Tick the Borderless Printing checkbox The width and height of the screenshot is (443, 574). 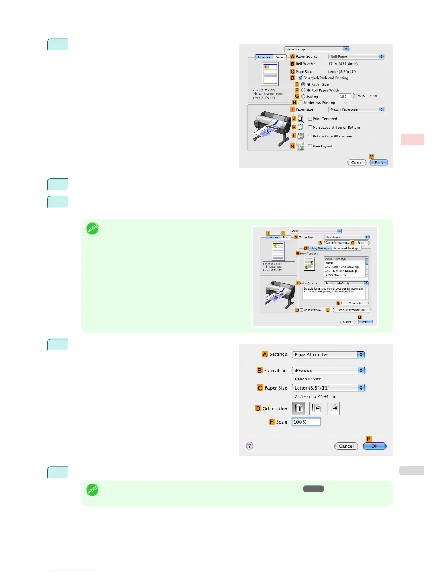(300, 103)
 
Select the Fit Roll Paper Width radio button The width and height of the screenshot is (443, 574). (303, 90)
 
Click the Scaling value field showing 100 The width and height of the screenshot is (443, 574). (344, 96)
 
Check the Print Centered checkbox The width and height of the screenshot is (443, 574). (310, 119)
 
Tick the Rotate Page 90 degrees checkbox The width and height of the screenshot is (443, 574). (310, 136)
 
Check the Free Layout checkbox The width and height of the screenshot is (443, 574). (310, 146)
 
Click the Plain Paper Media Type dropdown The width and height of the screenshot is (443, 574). (346, 237)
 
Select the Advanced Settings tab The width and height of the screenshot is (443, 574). (346, 248)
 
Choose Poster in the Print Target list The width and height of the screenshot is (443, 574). (329, 263)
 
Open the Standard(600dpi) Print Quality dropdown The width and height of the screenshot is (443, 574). (346, 283)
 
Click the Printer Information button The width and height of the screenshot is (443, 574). (352, 310)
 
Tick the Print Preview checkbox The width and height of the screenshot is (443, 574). (302, 310)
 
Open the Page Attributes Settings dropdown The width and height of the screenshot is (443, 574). (328, 355)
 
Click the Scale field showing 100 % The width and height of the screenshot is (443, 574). (306, 422)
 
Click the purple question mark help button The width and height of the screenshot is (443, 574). (250, 446)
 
